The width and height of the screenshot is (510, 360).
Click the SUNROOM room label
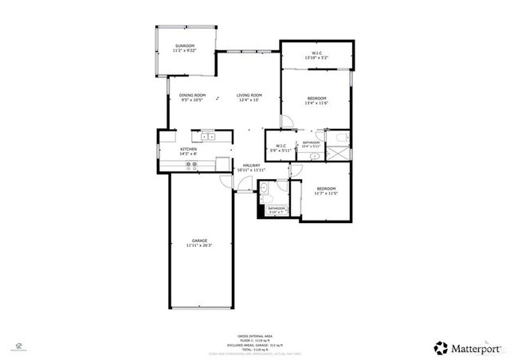[x=185, y=46]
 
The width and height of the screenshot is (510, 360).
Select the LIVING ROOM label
[x=249, y=96]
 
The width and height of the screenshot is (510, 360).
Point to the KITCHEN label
[x=188, y=149]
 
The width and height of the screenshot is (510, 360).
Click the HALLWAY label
[x=251, y=165]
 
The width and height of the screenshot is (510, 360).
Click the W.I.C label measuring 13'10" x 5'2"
[x=316, y=53]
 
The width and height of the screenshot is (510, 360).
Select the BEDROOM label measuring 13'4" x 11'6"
[x=316, y=99]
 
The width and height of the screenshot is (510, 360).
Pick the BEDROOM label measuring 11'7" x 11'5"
[x=326, y=189]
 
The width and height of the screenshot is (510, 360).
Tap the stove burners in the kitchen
[x=192, y=166]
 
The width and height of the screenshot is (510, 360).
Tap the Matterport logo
[x=462, y=347]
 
